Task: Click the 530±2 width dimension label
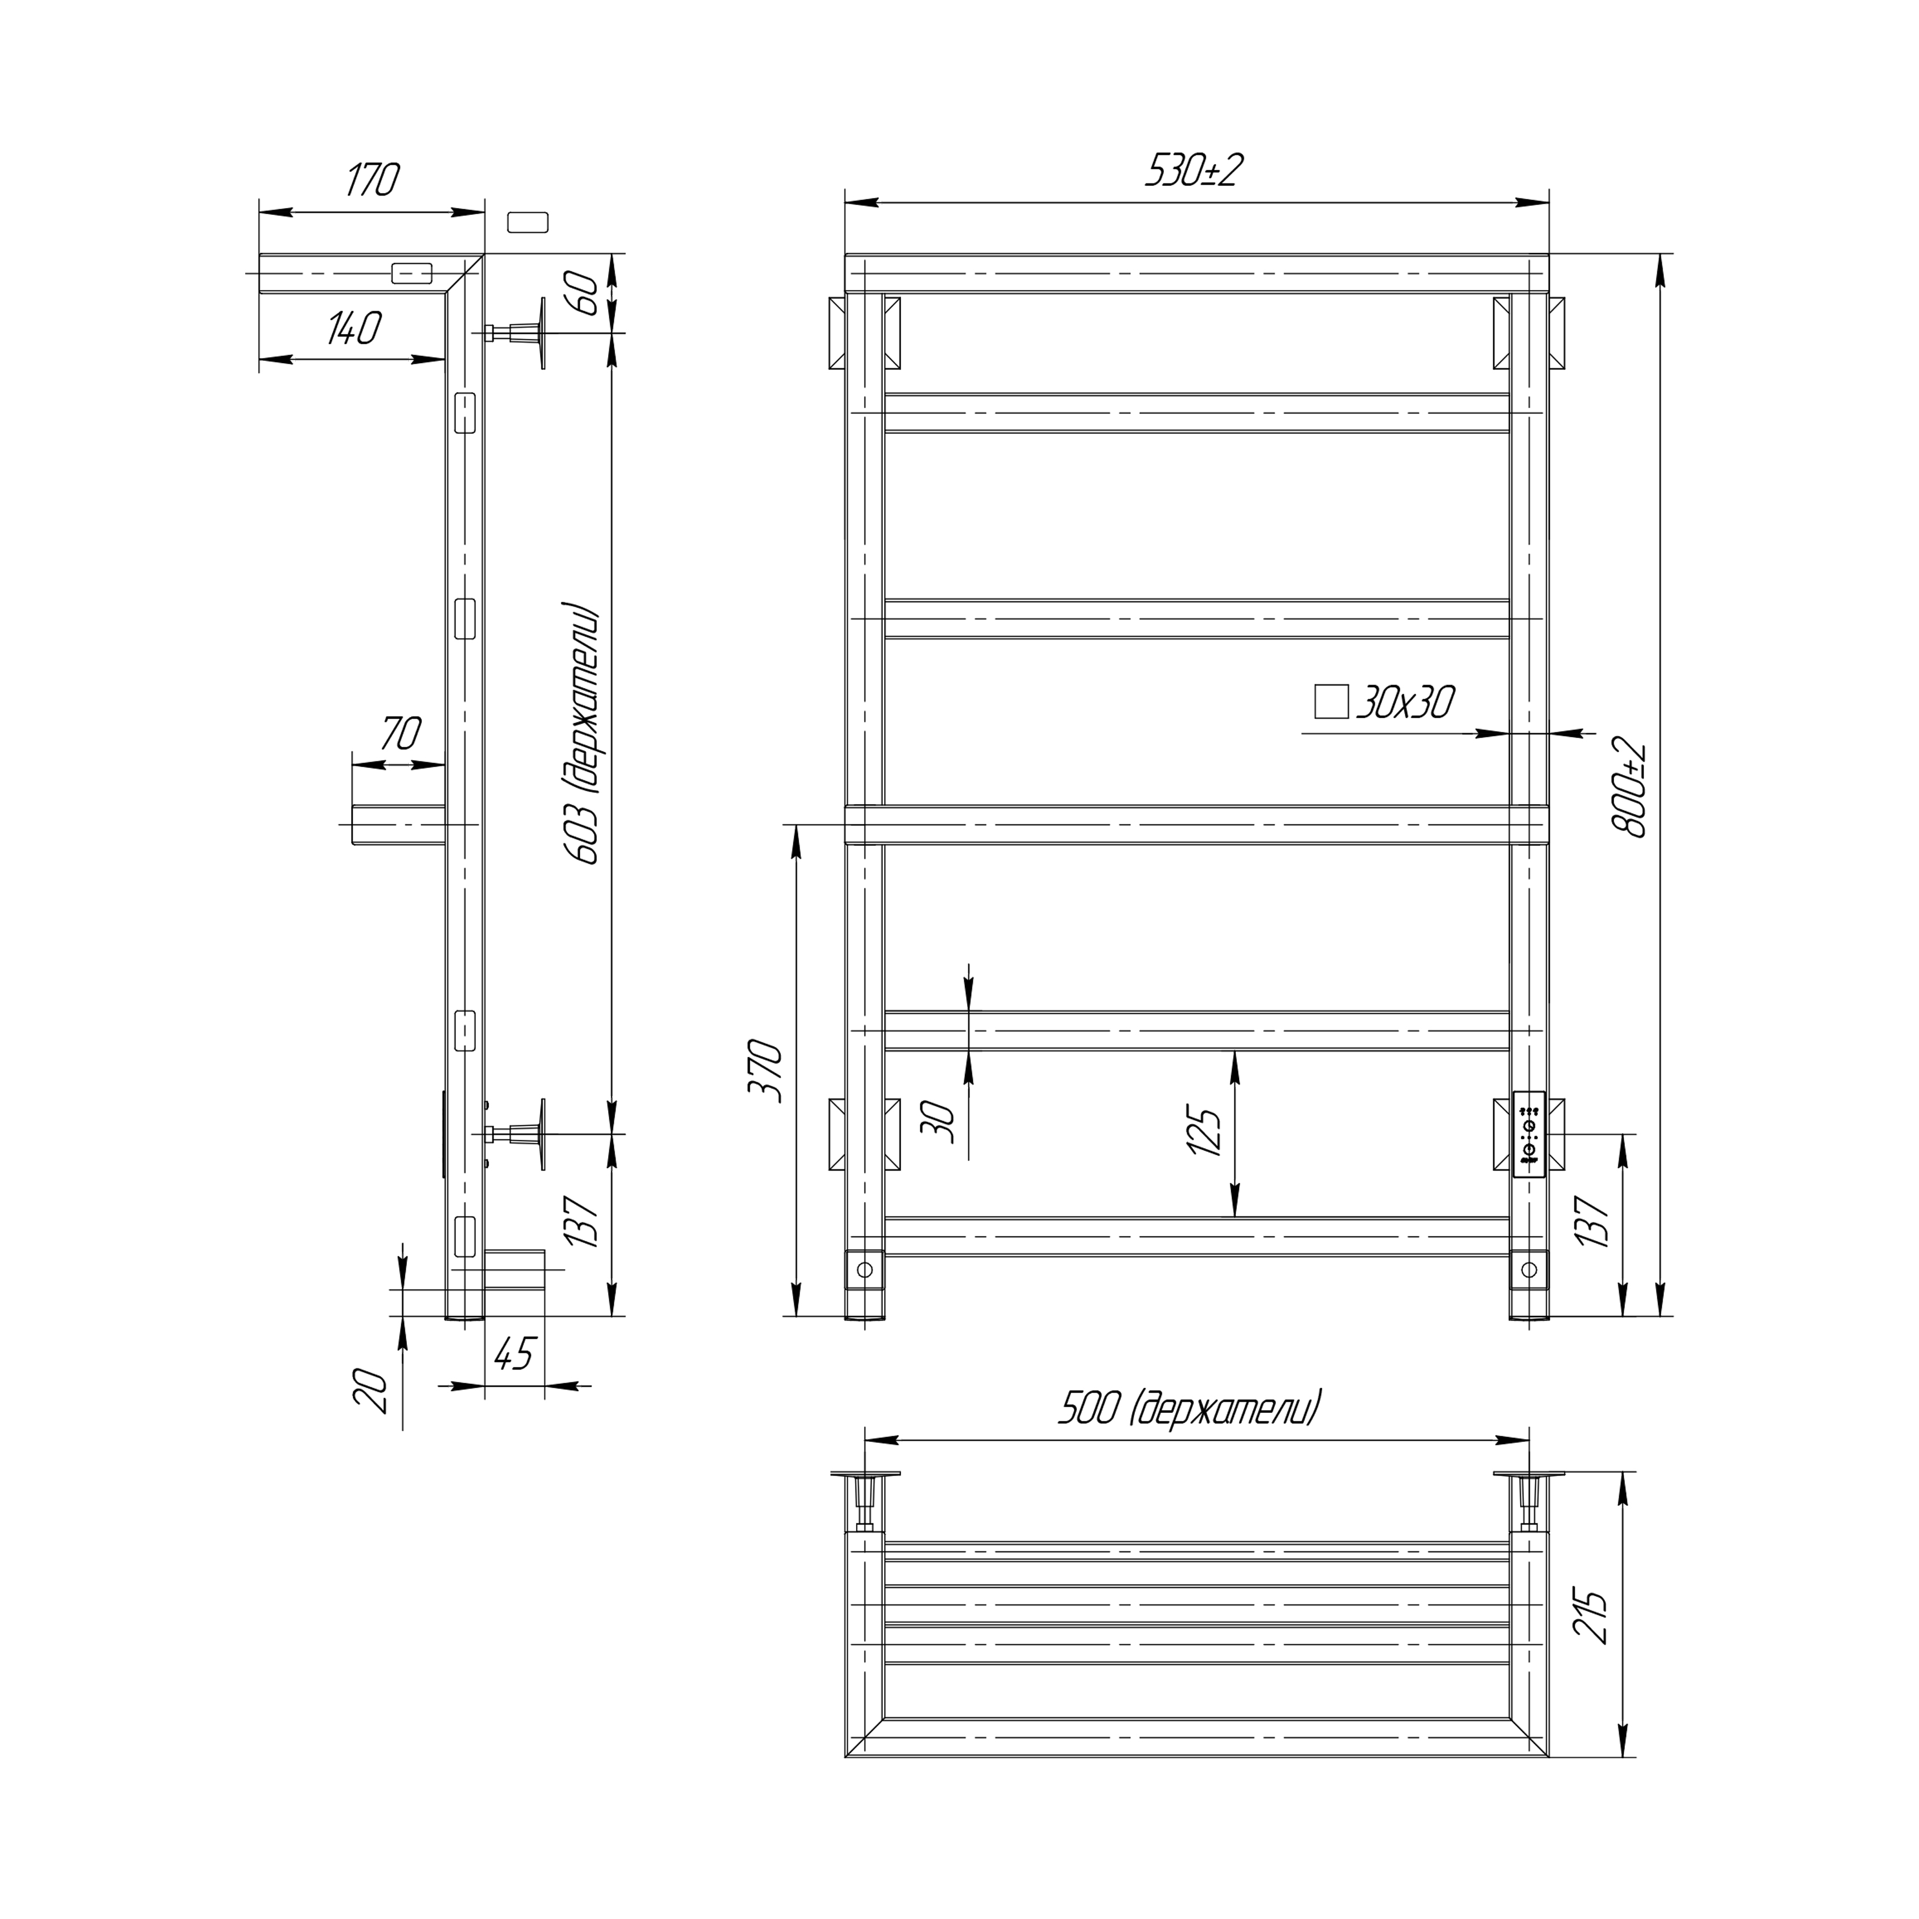[1195, 171]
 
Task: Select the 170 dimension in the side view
[373, 179]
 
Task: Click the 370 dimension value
[767, 1071]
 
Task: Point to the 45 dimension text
[515, 1354]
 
